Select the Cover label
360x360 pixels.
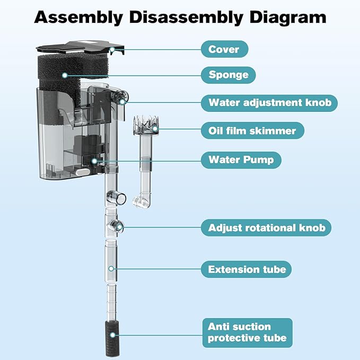[x=224, y=49]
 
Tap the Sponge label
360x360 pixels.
[x=228, y=75]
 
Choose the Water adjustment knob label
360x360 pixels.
[x=269, y=102]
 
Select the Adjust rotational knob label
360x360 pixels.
[x=266, y=228]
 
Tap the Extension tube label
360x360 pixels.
[x=247, y=269]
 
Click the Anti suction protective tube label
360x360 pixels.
[x=247, y=332]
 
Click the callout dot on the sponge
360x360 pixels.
[x=65, y=75]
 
